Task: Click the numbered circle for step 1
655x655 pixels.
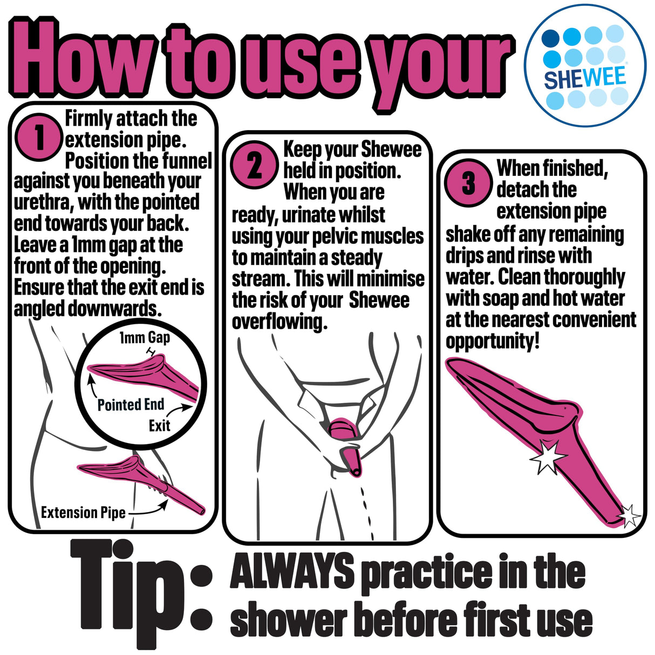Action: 39,137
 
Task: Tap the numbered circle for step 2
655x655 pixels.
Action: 254,165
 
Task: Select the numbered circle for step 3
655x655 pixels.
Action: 468,183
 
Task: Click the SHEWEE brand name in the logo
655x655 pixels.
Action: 585,77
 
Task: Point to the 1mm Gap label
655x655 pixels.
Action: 144,338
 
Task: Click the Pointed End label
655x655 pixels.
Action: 131,405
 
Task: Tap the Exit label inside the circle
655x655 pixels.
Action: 159,426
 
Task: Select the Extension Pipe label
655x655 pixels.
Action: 83,512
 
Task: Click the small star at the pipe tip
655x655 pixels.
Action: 629,516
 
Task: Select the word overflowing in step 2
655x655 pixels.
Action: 279,322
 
